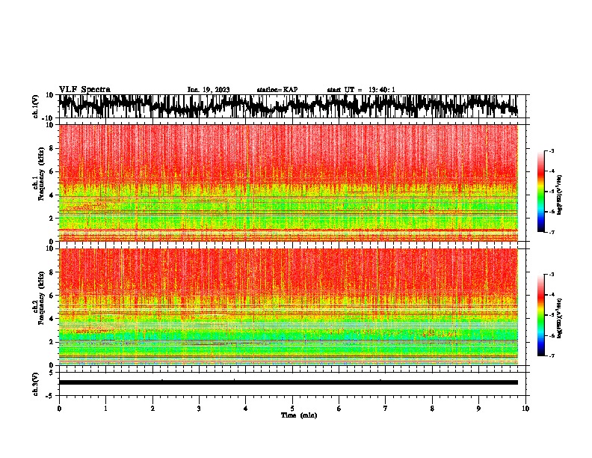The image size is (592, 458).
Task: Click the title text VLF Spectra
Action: [x=84, y=90]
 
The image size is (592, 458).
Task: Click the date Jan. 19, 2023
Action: [x=209, y=90]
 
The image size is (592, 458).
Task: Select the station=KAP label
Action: [x=277, y=90]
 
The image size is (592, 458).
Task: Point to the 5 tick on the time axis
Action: [x=292, y=409]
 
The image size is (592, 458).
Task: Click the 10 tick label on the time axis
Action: [x=525, y=409]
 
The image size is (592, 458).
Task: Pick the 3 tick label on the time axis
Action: [x=199, y=409]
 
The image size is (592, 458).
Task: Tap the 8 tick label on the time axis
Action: [x=432, y=409]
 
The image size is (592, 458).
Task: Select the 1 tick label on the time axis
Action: [x=105, y=409]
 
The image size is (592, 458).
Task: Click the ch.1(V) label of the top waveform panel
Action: [x=36, y=107]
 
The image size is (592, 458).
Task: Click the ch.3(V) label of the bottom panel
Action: [x=36, y=382]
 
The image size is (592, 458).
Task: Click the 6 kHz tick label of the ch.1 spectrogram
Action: [x=51, y=171]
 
